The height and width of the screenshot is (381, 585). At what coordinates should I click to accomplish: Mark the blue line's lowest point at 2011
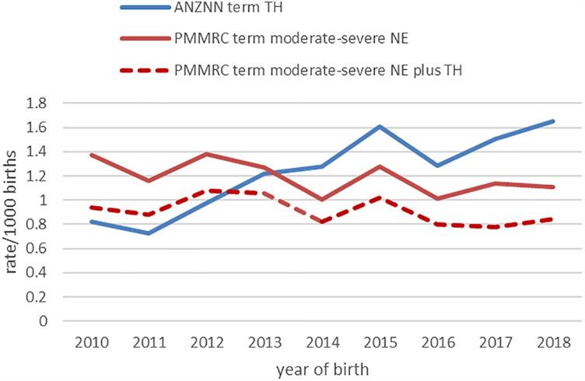pyautogui.click(x=148, y=233)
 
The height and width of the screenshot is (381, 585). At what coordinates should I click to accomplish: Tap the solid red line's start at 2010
pyautogui.click(x=92, y=155)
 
